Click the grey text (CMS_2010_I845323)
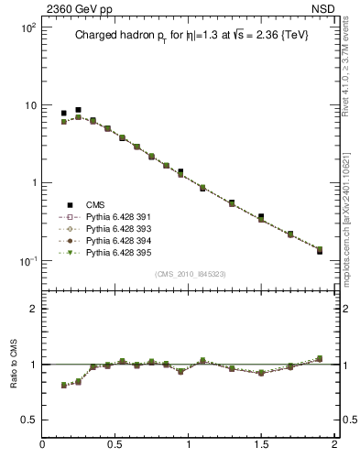(x=188, y=274)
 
